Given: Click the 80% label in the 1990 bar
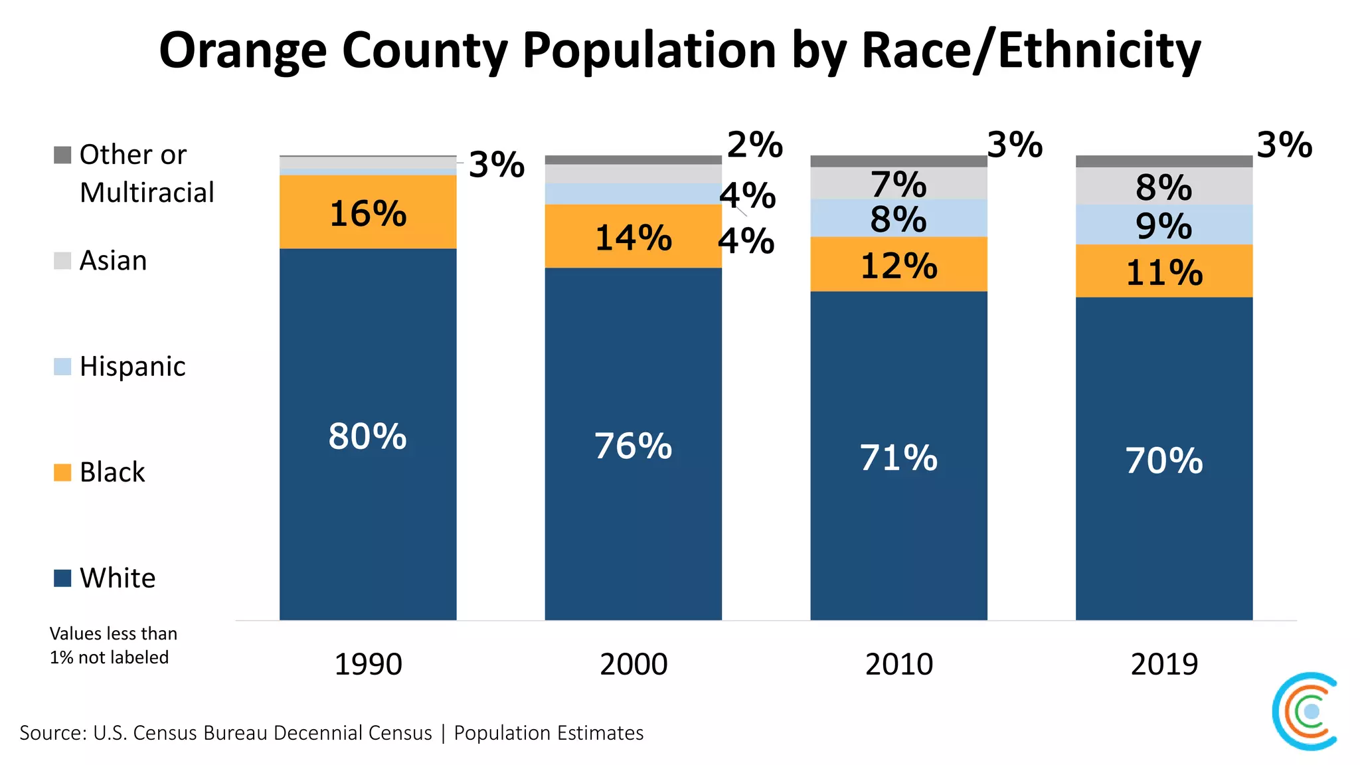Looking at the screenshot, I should coord(367,437).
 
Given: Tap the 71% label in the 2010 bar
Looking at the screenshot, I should coord(898,458).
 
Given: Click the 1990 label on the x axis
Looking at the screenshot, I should coord(368,664).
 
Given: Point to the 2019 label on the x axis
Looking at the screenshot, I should coord(1164,664).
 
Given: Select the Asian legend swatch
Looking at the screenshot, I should coord(62,260).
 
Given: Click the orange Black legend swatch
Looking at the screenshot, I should coord(62,472).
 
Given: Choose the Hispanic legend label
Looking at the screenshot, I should coord(132,367).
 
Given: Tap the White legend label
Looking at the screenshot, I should coord(118,578).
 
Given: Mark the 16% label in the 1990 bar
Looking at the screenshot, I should coord(368,214).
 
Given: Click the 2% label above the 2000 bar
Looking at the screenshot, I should coord(754,145).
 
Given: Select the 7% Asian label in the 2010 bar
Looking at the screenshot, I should coord(898,184).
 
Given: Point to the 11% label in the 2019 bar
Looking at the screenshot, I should coord(1164,273).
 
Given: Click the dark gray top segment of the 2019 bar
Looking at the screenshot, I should coord(1164,161).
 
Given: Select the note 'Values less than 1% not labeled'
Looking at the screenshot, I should coord(113,645).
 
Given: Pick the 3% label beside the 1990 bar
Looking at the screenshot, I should coord(496,165).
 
